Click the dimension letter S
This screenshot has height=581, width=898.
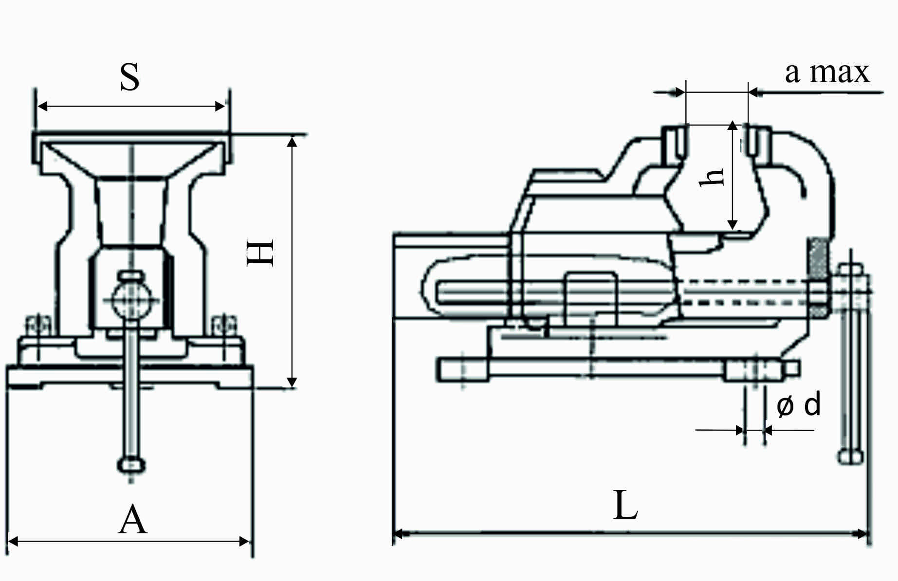(130, 77)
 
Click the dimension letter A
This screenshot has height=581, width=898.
(133, 520)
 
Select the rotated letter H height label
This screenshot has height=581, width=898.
(261, 253)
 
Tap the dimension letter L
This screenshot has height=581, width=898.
(625, 505)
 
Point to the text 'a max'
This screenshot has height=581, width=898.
(827, 73)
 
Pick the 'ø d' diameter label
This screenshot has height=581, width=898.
(799, 405)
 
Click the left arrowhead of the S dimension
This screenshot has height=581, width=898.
(43, 106)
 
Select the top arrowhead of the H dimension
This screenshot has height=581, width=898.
(292, 142)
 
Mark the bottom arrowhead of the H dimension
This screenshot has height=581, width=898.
(292, 382)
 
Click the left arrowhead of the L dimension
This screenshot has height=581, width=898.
(399, 534)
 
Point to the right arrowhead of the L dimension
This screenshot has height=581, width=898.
(861, 534)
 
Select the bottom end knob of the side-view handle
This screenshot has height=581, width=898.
(850, 456)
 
